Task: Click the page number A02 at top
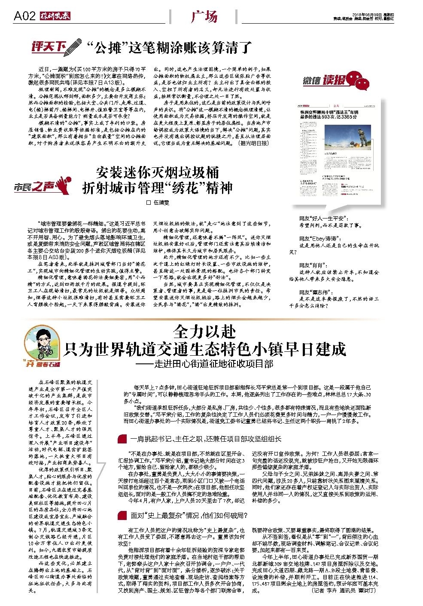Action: [x=24, y=16]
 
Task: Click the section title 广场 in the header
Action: [x=204, y=17]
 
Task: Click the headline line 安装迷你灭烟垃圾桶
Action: [x=158, y=172]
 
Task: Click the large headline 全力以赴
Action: [x=204, y=332]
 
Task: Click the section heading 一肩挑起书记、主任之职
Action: [x=206, y=439]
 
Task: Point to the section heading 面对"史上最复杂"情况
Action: [x=189, y=515]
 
